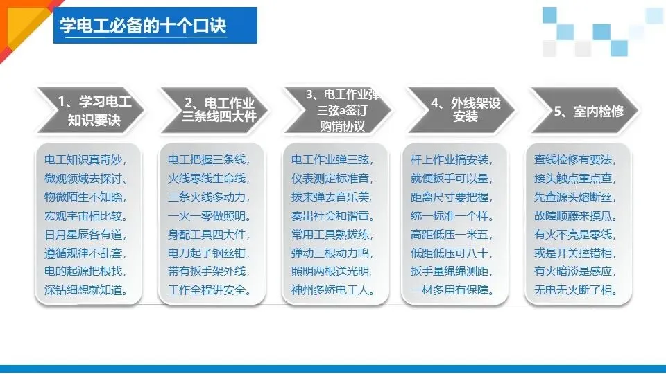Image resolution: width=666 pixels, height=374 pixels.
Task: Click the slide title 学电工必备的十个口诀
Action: (143, 27)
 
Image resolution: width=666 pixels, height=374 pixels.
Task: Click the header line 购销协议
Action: (342, 126)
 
